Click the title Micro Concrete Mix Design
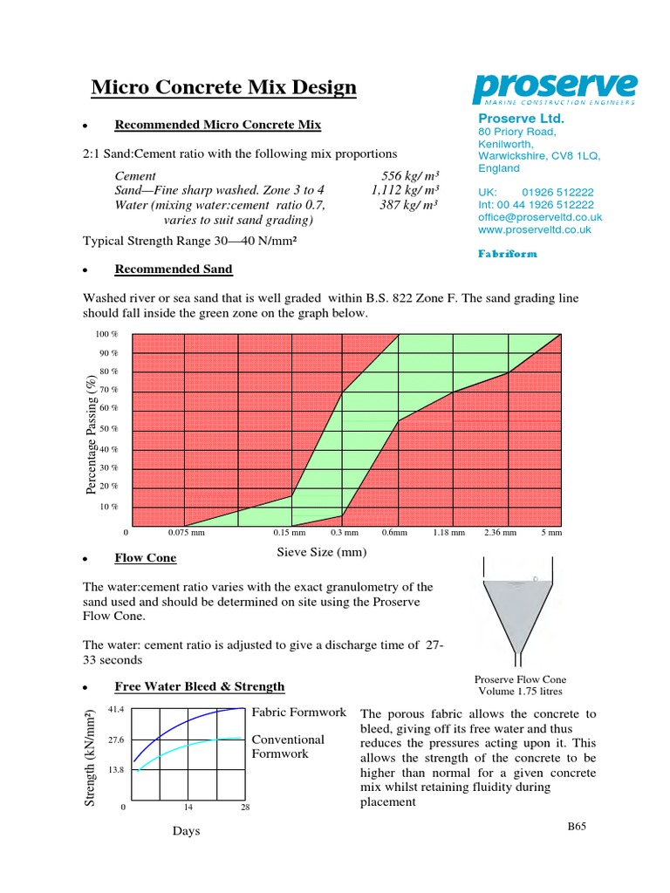pos(224,87)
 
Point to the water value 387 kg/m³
pos(409,205)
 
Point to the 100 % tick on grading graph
pos(106,334)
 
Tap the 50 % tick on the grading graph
pos(108,429)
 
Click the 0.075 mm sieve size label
pos(186,532)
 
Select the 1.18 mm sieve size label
pos(449,532)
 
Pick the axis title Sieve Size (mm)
pos(322,552)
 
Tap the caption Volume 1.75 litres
pos(521,692)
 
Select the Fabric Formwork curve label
pos(298,712)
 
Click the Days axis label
pos(186,831)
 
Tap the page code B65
pos(576,826)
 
